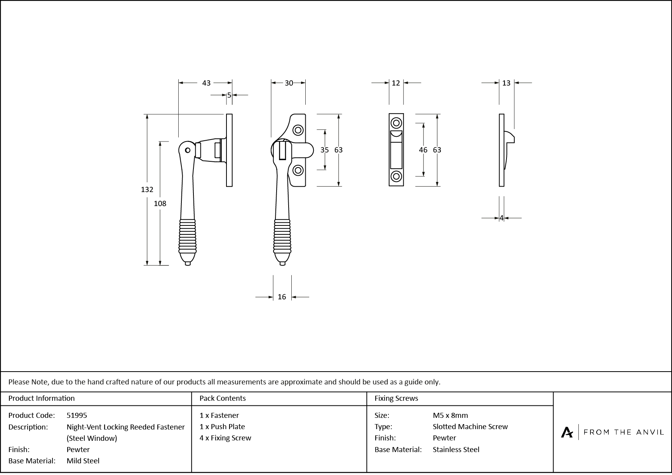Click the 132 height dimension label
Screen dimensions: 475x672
coord(147,190)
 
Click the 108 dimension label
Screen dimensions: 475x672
coord(160,203)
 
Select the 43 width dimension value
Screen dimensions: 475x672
coord(206,83)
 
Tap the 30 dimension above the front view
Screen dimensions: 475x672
coord(289,83)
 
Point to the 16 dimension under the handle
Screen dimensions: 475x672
coord(282,297)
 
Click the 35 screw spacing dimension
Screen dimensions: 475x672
coord(324,150)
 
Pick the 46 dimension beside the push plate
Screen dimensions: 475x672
coord(423,150)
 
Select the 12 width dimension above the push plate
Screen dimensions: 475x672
coord(395,83)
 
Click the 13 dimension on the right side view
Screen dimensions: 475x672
coord(506,83)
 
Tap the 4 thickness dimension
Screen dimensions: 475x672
coord(501,218)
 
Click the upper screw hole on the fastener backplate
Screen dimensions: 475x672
coord(298,130)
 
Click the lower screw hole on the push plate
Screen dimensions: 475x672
coord(396,176)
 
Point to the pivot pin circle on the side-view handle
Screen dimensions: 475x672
coord(188,150)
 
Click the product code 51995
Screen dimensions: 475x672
coord(77,416)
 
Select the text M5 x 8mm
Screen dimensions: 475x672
coord(450,416)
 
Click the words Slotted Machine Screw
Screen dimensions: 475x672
coord(470,427)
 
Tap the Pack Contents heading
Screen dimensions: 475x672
coord(222,398)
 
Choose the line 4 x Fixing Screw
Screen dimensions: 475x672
coord(225,438)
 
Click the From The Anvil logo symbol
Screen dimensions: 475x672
coord(567,432)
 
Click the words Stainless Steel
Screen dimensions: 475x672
coord(456,450)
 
